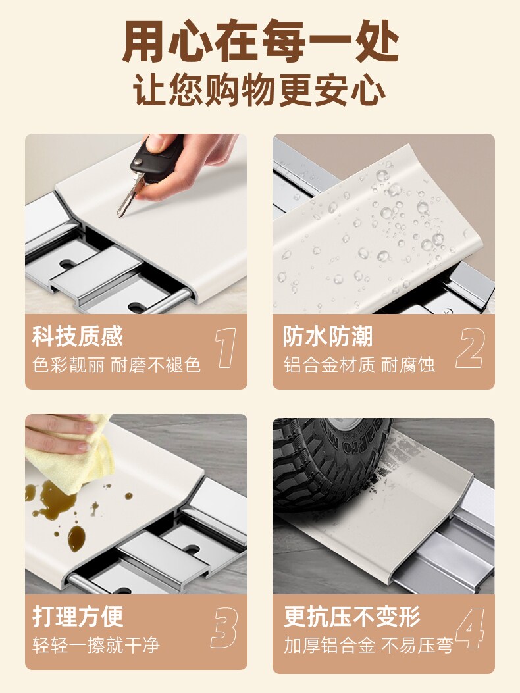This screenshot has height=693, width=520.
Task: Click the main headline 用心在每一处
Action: pos(261,41)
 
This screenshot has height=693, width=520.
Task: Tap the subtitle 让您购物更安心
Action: pos(259,90)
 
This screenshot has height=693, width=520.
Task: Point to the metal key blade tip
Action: pos(118,216)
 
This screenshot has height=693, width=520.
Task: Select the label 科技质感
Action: pos(78,336)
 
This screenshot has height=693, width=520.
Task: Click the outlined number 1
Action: pos(226,348)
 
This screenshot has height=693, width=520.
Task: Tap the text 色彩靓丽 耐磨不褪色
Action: pos(117,365)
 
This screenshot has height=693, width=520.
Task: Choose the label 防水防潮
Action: pos(328,336)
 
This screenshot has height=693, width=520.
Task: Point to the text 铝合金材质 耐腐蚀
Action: pos(359,365)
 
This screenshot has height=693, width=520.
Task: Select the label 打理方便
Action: pos(78,617)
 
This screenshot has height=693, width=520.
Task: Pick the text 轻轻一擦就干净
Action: pos(95,645)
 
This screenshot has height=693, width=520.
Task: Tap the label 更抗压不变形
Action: pos(351,617)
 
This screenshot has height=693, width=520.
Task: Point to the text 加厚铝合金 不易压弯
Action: pos(369,645)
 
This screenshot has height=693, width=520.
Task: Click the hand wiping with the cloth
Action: pos(57,433)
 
